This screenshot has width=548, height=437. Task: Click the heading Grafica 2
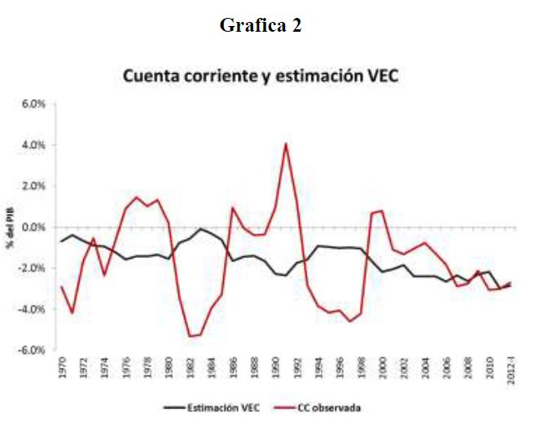pyautogui.click(x=261, y=25)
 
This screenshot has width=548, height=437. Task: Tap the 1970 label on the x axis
pyautogui.click(x=60, y=365)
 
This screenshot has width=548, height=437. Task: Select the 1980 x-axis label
pyautogui.click(x=168, y=365)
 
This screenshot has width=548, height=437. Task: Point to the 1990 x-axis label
pyautogui.click(x=274, y=365)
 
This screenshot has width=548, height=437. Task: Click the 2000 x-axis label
pyautogui.click(x=383, y=365)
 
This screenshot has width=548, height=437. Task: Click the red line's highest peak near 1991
pyautogui.click(x=286, y=144)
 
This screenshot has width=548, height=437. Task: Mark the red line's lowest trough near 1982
pyautogui.click(x=190, y=336)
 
